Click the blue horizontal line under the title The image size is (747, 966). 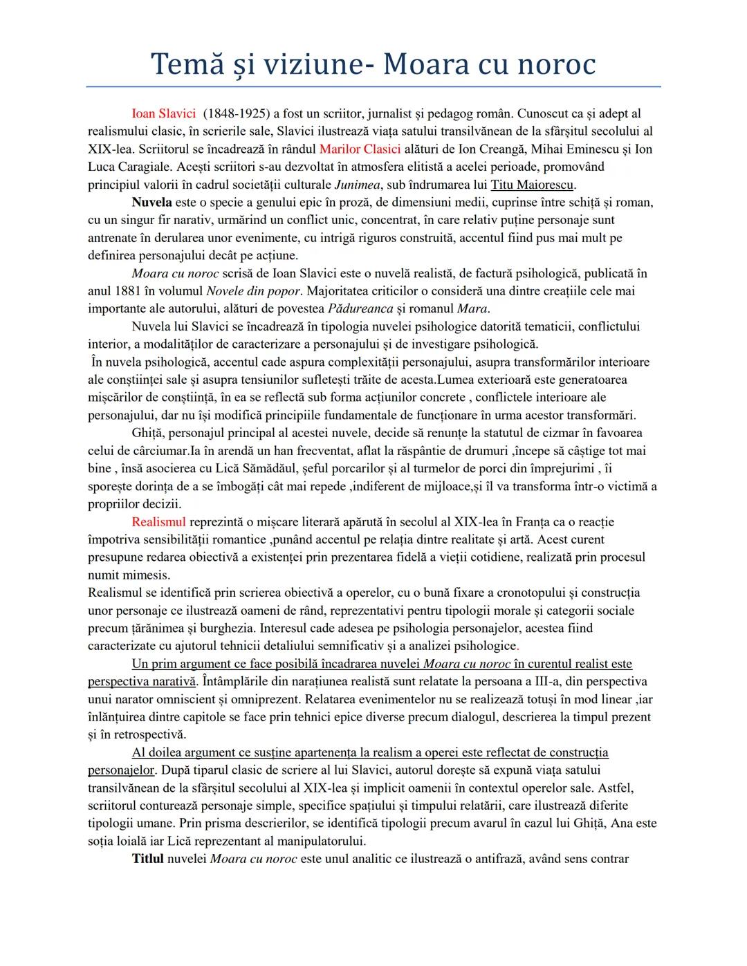click(373, 87)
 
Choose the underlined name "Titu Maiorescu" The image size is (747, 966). click(533, 185)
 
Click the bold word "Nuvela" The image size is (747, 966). click(152, 203)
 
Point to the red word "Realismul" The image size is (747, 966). click(158, 521)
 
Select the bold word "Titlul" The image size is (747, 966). click(148, 859)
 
